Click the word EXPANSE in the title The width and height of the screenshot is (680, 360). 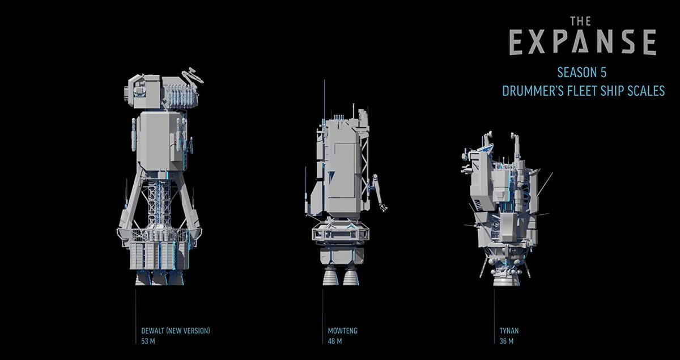click(583, 43)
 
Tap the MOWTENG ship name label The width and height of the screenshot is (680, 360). click(343, 331)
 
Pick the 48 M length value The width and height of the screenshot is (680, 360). click(335, 341)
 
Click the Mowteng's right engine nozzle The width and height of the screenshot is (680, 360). click(348, 277)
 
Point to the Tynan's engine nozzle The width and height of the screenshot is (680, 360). click(500, 277)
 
